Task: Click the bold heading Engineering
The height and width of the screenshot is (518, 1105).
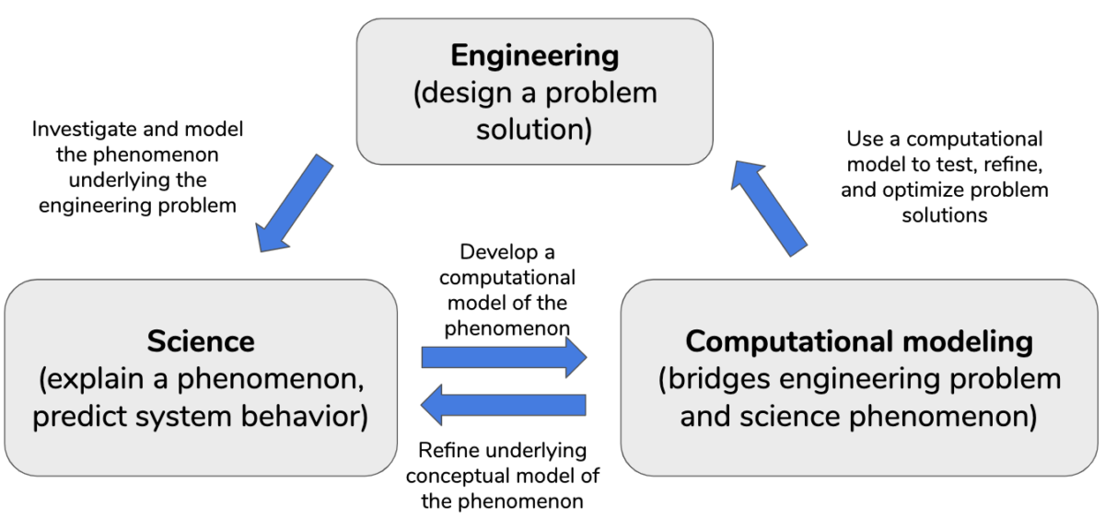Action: (x=534, y=56)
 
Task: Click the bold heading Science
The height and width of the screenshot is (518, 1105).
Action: (x=201, y=342)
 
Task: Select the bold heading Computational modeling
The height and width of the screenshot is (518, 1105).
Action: (x=859, y=341)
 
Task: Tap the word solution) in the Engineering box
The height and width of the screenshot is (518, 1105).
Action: (x=534, y=130)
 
